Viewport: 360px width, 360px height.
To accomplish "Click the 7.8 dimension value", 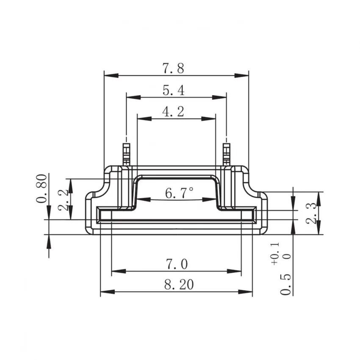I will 173,68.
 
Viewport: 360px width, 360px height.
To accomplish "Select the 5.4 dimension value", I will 173,90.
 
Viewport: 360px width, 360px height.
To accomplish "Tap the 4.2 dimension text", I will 173,112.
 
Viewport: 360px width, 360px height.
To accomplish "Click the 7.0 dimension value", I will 176,264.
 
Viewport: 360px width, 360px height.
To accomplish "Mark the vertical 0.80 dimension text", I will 42,188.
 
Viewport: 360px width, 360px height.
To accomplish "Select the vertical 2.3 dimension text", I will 310,213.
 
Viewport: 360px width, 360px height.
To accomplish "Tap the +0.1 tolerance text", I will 275,254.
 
